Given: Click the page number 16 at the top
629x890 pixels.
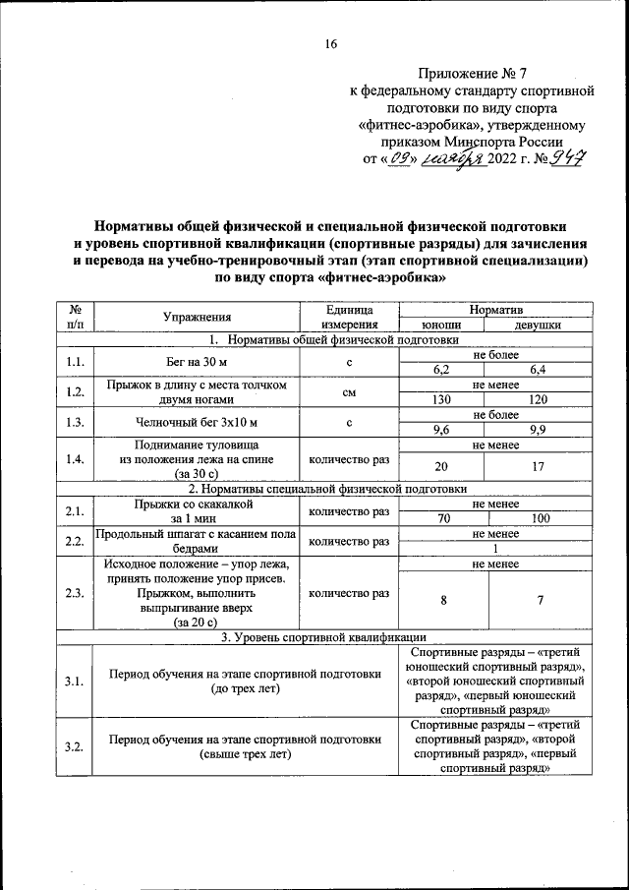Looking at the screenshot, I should click(331, 43).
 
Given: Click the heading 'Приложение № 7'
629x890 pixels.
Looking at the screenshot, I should click(472, 73).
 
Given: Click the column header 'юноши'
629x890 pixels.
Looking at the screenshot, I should click(442, 326).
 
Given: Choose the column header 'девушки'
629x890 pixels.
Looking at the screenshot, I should click(537, 326).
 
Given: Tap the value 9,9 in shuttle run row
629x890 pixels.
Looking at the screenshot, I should click(537, 430).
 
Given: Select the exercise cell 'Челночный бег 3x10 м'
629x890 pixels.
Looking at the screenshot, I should click(197, 423).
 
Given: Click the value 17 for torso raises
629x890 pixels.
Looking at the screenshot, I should click(537, 467).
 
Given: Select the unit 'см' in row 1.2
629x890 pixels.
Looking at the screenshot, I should click(348, 393).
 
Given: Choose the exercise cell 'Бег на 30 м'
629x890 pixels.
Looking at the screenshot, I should click(197, 363).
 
